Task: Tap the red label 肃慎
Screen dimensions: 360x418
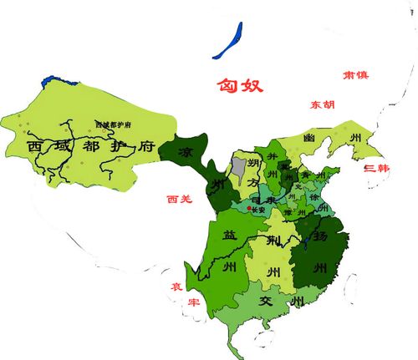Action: pos(354,74)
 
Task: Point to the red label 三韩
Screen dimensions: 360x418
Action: pos(377,169)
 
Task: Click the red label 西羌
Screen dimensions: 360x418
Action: pos(180,200)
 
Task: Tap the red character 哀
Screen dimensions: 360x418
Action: pos(177,286)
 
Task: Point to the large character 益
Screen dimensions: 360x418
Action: pos(229,236)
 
